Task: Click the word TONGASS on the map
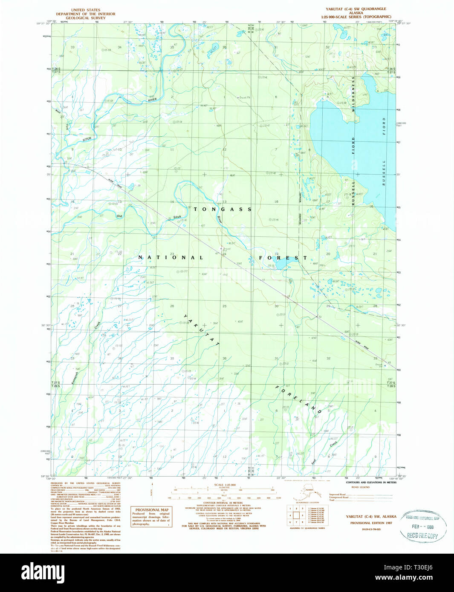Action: click(223, 209)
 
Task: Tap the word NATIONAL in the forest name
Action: click(171, 257)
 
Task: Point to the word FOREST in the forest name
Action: click(283, 258)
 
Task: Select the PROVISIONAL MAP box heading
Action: click(152, 510)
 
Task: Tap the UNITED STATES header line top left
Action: click(86, 10)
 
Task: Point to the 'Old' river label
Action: click(120, 216)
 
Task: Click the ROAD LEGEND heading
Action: click(360, 487)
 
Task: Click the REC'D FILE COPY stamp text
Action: click(422, 535)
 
